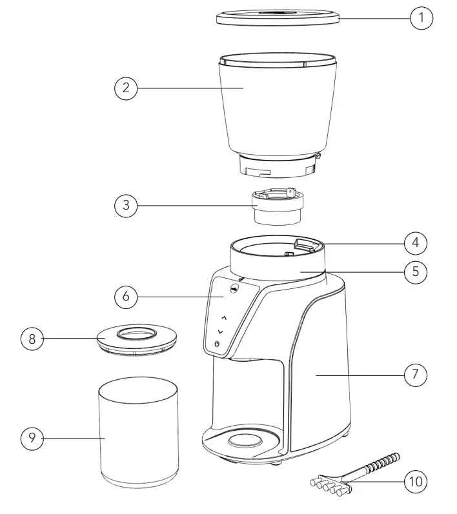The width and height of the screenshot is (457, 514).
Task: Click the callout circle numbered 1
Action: [x=421, y=17]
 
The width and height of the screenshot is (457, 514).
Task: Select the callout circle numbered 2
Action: [x=126, y=88]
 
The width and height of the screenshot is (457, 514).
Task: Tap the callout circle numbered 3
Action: [x=126, y=206]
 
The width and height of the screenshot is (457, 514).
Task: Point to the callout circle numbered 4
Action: [x=416, y=243]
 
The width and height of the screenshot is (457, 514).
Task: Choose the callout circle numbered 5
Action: [x=416, y=272]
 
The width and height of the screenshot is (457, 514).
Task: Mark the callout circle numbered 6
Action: [x=126, y=297]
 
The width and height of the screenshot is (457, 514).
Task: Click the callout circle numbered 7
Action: [x=416, y=373]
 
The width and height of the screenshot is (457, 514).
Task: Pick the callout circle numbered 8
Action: [x=32, y=339]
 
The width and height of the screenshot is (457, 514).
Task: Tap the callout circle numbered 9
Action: [x=32, y=439]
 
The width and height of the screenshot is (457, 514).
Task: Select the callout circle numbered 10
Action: [x=416, y=481]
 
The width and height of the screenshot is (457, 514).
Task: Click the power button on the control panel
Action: [x=217, y=344]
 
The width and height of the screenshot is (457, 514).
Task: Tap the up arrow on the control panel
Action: [x=223, y=318]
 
